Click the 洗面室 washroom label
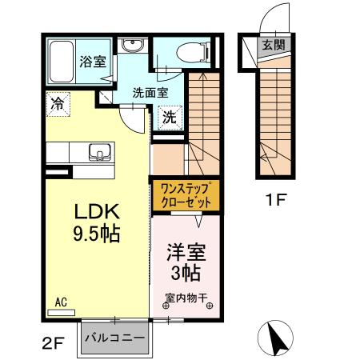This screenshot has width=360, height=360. tap(150, 92)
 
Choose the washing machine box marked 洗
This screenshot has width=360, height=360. tap(170, 116)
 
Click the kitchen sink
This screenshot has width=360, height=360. tap(101, 150)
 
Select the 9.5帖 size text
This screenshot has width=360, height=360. tap(98, 236)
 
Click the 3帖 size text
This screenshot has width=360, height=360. tap(186, 274)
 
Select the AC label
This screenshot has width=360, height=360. tap(62, 302)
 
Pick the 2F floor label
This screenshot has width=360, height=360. tap(52, 345)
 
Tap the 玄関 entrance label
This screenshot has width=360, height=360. tap(272, 45)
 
